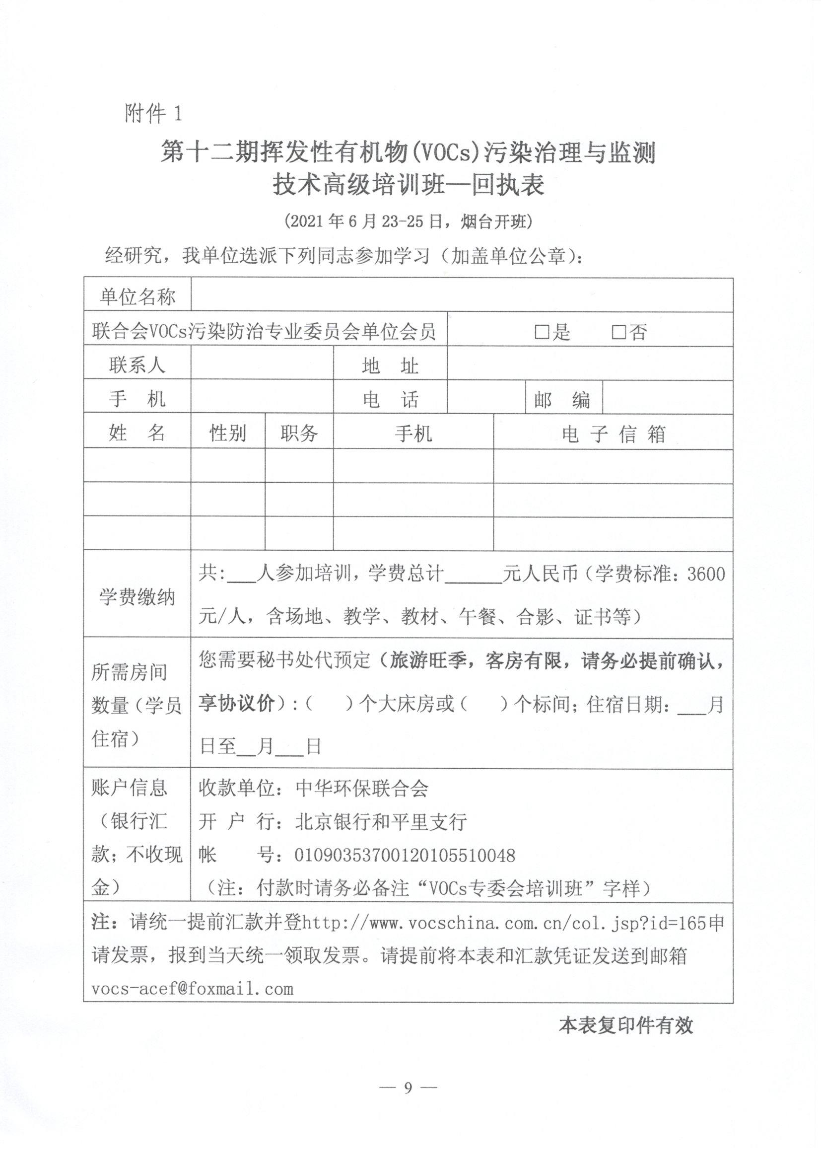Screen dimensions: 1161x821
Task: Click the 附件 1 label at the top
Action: point(153,113)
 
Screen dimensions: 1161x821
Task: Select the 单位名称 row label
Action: point(137,296)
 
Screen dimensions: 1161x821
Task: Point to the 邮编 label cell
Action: point(562,399)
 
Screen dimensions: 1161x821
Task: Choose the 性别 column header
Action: point(228,434)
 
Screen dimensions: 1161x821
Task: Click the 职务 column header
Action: point(299,434)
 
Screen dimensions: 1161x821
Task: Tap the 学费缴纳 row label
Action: point(137,597)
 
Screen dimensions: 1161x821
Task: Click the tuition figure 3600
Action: point(706,575)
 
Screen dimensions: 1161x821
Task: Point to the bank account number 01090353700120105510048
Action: point(405,855)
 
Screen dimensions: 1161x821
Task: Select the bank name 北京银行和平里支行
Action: point(381,822)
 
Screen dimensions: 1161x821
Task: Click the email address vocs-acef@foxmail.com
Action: point(192,988)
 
